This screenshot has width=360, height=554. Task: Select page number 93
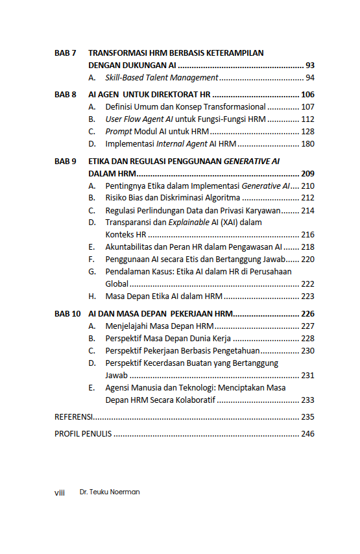pos(309,66)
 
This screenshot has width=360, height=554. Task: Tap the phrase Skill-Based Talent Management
pos(162,78)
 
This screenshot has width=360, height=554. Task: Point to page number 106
pos(307,95)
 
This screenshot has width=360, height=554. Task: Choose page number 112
pos(307,119)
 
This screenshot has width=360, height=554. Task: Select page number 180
pos(307,144)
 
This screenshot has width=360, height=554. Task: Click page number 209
pos(307,173)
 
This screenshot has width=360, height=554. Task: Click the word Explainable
pos(189,223)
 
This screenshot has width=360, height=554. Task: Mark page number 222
pos(307,284)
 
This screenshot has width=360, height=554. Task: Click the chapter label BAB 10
pos(67,313)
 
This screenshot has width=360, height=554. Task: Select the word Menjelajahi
pos(128,326)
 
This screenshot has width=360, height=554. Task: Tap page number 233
pos(307,400)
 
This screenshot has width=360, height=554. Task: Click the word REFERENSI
pos(73,417)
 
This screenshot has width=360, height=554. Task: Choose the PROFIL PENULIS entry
pos(83,434)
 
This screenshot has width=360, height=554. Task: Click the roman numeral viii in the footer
pos(60,492)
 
